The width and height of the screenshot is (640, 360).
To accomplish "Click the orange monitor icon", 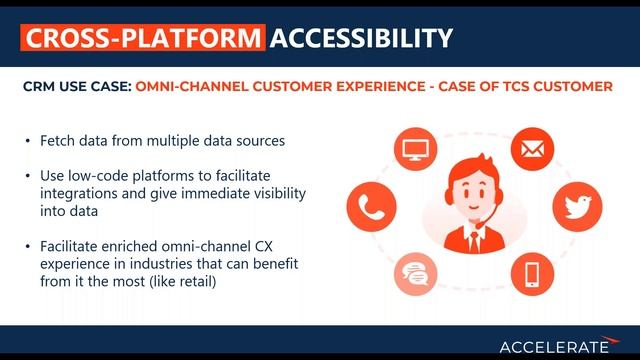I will (412, 151).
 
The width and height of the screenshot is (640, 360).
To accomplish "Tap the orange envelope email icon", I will (531, 151).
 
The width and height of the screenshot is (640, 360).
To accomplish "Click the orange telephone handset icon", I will (366, 207).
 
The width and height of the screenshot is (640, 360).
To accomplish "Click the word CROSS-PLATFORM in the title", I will (143, 38).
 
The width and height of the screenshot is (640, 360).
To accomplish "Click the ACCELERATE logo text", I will (552, 346).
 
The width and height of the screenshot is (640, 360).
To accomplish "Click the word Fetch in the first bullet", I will (59, 141).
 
